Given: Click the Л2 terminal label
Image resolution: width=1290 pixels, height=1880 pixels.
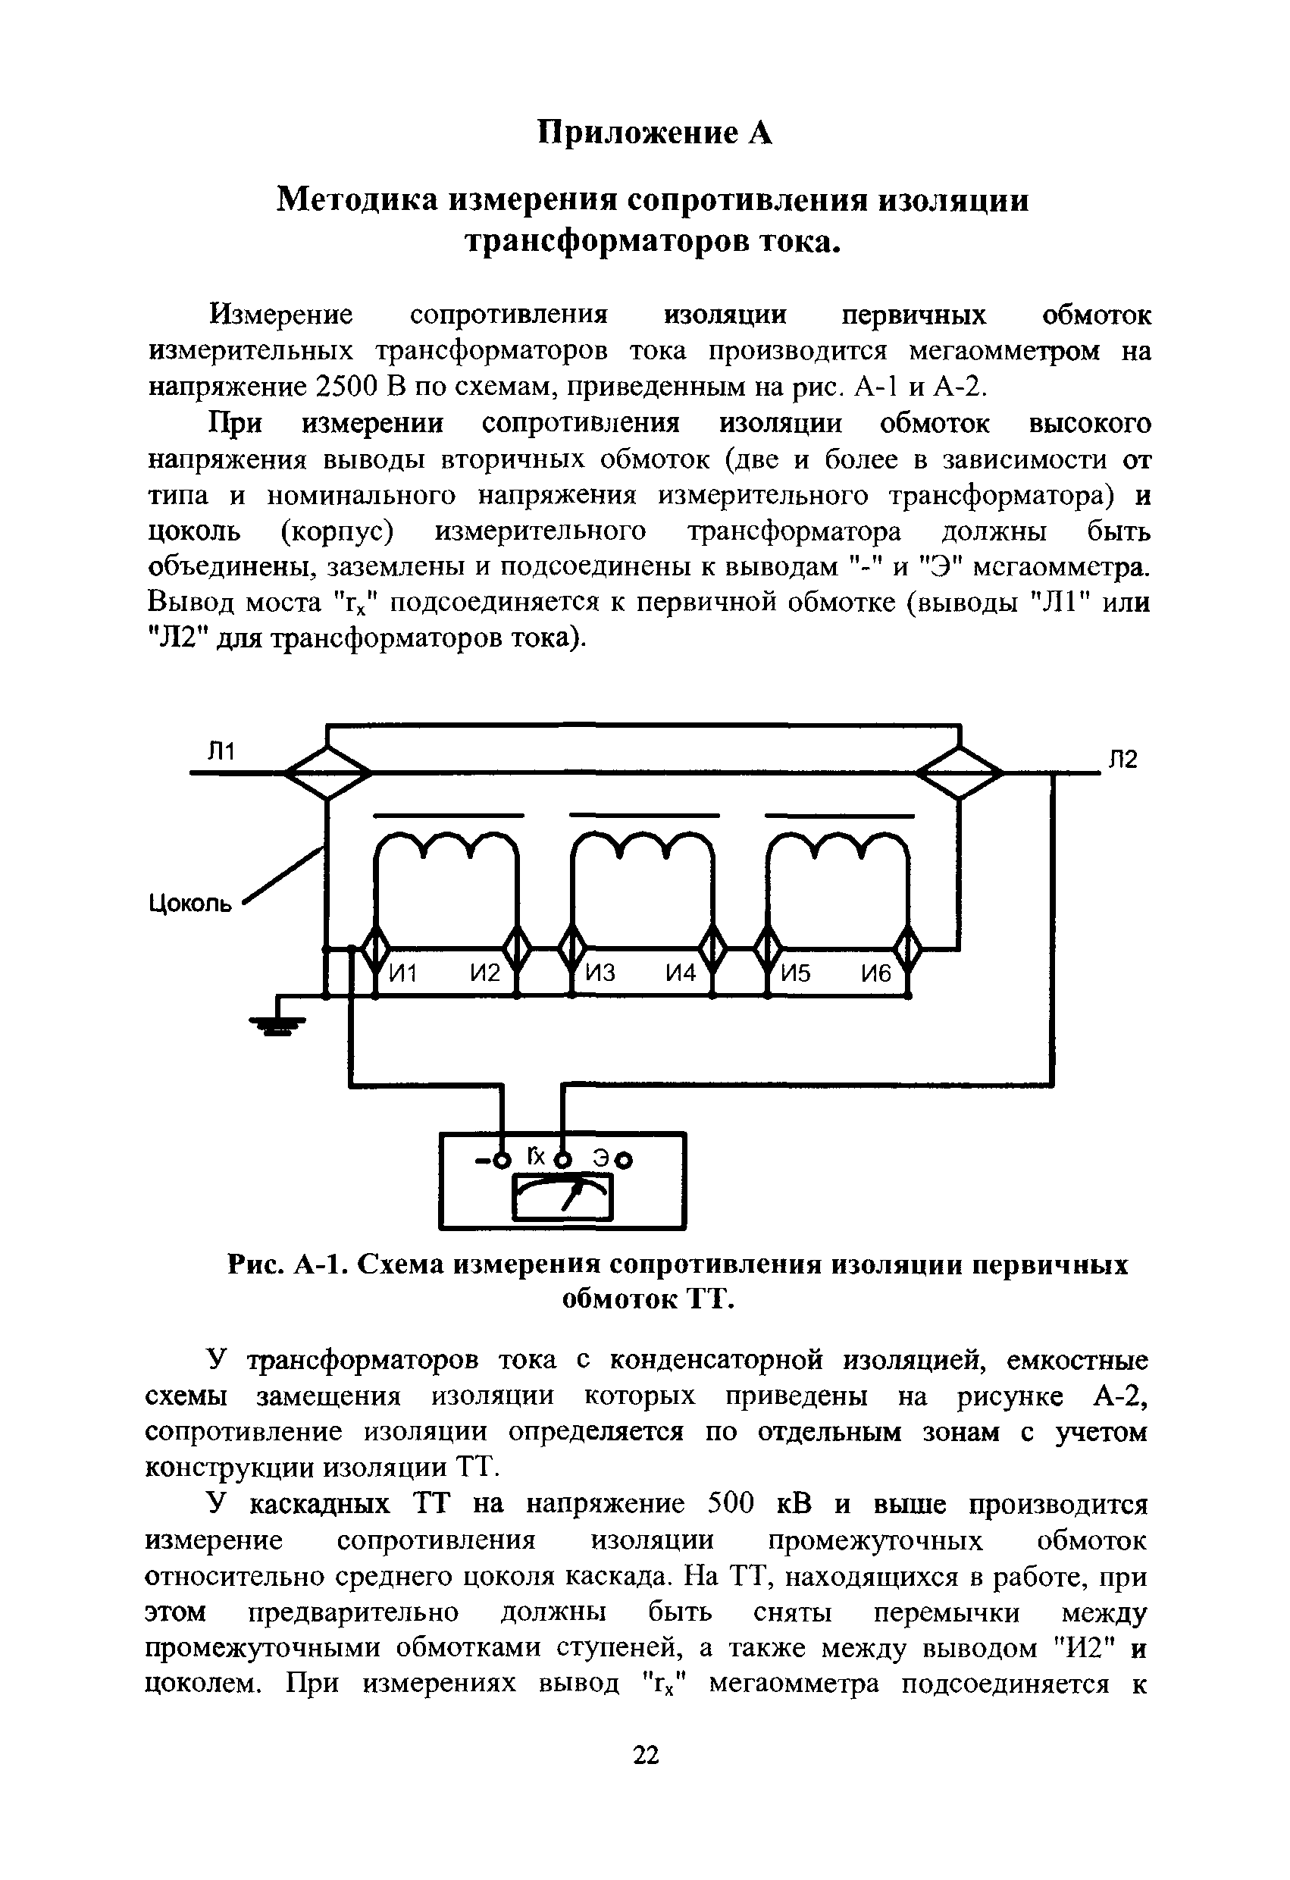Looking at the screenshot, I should tap(1122, 759).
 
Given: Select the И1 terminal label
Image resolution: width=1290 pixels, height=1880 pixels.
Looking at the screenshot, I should tap(402, 973).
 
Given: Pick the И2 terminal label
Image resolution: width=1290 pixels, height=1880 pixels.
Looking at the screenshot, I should tap(484, 973).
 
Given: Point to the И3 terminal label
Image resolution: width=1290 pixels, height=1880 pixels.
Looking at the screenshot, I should tap(600, 973).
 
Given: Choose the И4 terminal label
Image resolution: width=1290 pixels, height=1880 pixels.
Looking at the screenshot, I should tap(680, 973).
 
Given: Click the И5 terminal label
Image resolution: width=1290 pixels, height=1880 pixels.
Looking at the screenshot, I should tap(796, 973).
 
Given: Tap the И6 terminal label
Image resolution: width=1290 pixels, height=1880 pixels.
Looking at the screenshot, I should tap(875, 973).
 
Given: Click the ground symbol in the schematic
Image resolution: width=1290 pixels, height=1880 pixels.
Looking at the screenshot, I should tap(277, 1026).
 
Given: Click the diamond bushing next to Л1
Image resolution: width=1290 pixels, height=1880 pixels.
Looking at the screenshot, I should tap(327, 773).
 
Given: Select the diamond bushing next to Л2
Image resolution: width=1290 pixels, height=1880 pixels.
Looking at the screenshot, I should tap(960, 773).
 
